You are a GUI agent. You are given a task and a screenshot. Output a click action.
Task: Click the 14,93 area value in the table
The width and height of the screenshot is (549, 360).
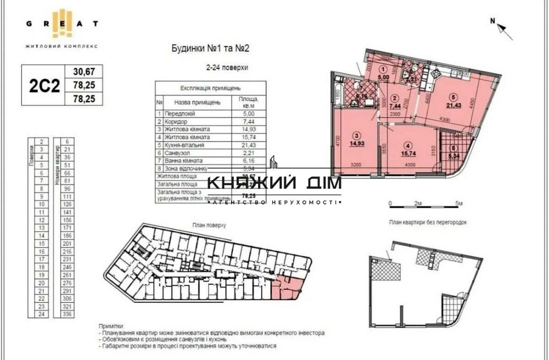[249, 129]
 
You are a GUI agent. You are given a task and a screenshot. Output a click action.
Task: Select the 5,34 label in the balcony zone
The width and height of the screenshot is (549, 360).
[454, 155]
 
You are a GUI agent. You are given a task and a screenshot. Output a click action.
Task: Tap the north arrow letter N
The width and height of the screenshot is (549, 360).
[493, 21]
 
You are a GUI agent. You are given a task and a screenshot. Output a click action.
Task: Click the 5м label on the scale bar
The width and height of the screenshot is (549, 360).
[458, 204]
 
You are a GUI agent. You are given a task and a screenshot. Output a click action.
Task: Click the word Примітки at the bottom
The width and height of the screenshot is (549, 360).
[112, 325]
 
